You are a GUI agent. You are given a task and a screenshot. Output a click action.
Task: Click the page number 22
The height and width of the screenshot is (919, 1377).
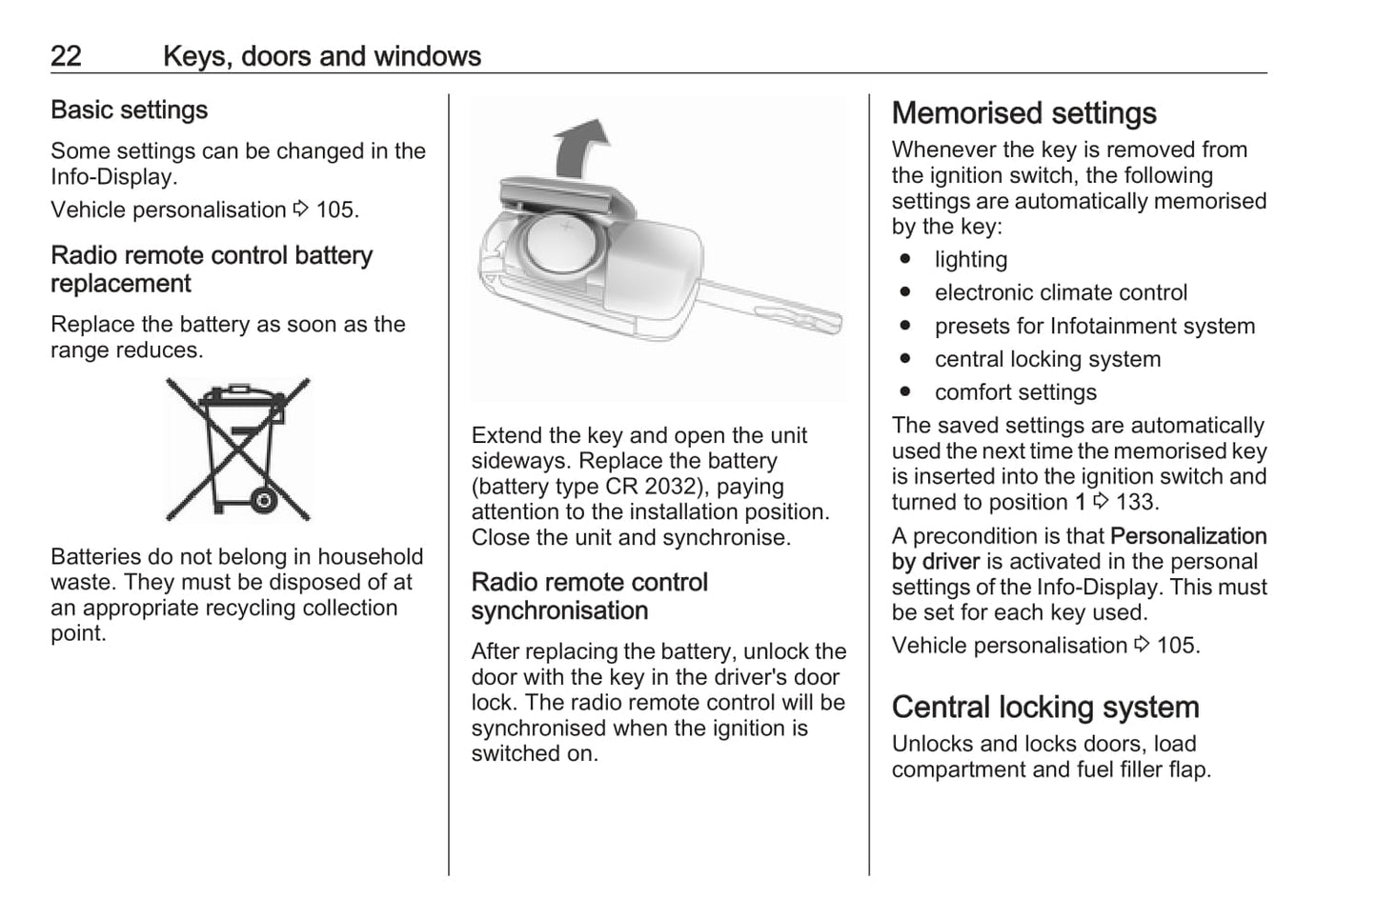pyautogui.click(x=66, y=56)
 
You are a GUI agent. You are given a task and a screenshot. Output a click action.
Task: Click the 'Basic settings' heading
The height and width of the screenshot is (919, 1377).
pyautogui.click(x=129, y=110)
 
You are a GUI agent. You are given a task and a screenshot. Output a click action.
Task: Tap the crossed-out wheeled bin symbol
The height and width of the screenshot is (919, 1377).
pyautogui.click(x=238, y=449)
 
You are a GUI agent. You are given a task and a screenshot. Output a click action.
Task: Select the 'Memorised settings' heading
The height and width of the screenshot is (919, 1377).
pyautogui.click(x=1023, y=113)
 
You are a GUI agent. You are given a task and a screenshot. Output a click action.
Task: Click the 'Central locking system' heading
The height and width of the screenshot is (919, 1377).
pyautogui.click(x=1044, y=708)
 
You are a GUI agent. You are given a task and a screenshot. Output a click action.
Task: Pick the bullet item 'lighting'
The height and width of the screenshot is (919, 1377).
pyautogui.click(x=970, y=260)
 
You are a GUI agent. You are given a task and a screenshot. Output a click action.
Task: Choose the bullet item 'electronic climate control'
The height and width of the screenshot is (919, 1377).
pyautogui.click(x=1061, y=293)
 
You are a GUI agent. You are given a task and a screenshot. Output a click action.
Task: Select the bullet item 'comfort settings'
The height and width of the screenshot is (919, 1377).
pyautogui.click(x=1015, y=392)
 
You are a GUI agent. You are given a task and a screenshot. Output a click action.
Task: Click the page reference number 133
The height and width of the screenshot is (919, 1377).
pyautogui.click(x=1136, y=503)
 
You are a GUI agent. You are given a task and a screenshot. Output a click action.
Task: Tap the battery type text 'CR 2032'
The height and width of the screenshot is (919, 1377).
pyautogui.click(x=650, y=487)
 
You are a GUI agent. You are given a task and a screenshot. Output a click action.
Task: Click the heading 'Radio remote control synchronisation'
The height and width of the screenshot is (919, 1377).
pyautogui.click(x=589, y=596)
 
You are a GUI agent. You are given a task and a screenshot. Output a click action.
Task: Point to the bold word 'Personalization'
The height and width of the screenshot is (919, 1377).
pyautogui.click(x=1188, y=536)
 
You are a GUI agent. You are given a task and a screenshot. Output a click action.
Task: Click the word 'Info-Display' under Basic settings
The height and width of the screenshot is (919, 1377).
pyautogui.click(x=112, y=177)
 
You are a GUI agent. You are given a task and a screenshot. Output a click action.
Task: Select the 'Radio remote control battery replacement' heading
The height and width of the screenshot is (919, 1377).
pyautogui.click(x=211, y=270)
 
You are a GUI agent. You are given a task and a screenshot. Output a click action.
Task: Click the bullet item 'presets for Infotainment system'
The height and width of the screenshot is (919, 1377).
pyautogui.click(x=1094, y=327)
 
